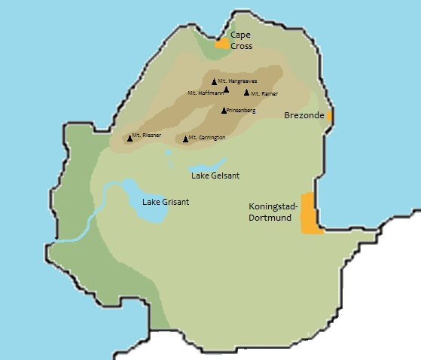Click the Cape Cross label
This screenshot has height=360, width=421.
pos(241,40)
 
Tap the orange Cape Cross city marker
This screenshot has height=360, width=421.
pos(221,44)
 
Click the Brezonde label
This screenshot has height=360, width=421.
pos(304,115)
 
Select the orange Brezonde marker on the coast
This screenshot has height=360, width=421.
pos(330,116)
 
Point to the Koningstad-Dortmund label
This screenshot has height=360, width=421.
pos(273,212)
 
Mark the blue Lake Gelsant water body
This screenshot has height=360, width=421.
pos(207,165)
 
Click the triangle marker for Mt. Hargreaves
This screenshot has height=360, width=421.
pos(214,81)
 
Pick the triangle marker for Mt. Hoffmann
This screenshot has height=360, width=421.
pos(226,90)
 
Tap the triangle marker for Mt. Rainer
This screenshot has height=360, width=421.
pos(246,93)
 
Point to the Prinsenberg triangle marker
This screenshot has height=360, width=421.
pos(224,111)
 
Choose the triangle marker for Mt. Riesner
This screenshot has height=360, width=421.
pos(130,139)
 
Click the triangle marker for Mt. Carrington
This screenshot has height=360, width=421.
pos(185,139)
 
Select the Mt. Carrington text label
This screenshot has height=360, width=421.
pos(207,138)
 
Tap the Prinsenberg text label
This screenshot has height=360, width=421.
pos(241,111)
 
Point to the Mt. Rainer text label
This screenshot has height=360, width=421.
pos(264,93)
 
